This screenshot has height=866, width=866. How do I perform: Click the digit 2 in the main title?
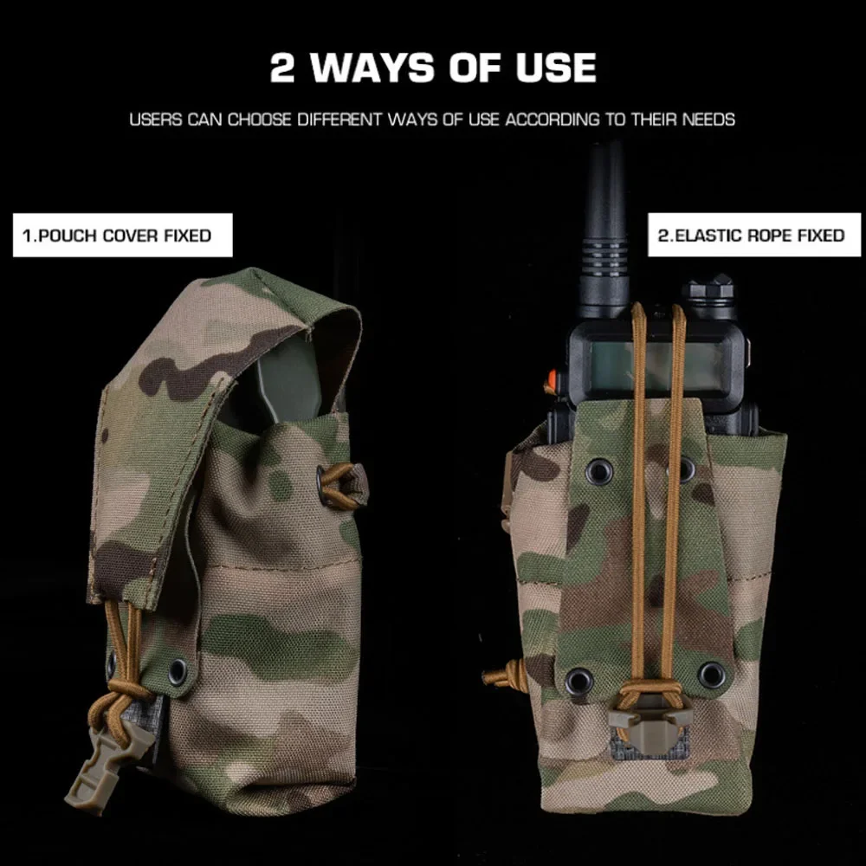click(x=284, y=68)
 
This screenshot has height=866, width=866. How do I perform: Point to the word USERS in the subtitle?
click(x=156, y=119)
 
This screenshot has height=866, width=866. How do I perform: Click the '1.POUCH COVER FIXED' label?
click(x=122, y=235)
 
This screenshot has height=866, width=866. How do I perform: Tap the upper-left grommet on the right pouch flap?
click(x=598, y=471)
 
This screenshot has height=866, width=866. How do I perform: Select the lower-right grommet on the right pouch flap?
click(x=711, y=674)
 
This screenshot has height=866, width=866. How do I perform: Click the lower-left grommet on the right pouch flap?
click(x=577, y=678)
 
